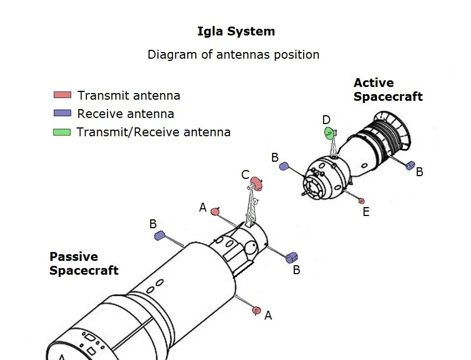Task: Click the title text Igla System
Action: (236, 32)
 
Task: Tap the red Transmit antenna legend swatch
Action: (62, 95)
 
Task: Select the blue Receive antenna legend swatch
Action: (62, 113)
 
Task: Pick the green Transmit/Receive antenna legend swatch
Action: (62, 132)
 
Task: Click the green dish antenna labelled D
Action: (329, 133)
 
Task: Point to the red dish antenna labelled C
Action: (256, 182)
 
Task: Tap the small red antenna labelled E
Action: (362, 200)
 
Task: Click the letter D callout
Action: (326, 120)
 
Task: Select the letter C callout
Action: (245, 175)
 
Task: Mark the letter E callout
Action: (366, 212)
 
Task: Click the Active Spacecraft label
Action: (388, 90)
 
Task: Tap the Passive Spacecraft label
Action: (84, 264)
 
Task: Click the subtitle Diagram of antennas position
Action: (233, 55)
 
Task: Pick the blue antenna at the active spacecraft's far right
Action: (410, 165)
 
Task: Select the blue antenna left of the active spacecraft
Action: (284, 166)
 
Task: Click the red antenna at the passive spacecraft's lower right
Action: (256, 310)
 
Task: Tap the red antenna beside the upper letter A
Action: (216, 211)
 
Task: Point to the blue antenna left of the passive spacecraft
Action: (160, 235)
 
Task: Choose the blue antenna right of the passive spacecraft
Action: (291, 257)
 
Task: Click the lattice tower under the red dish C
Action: (250, 208)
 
